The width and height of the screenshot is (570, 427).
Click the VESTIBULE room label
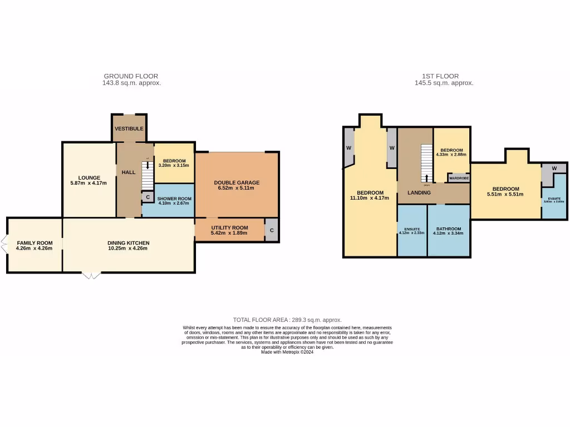coord(129,128)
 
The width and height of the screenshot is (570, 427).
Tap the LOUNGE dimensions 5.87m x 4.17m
coord(89,183)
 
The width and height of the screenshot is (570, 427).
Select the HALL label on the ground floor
coord(129,172)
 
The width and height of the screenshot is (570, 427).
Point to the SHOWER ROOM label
coord(174,198)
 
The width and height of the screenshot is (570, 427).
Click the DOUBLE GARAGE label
coord(237,182)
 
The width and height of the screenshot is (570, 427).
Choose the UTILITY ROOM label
coord(229,227)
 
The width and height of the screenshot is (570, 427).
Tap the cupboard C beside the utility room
coord(272,230)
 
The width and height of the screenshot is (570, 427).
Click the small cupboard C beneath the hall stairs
coord(148,197)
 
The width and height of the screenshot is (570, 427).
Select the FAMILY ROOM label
coord(35,243)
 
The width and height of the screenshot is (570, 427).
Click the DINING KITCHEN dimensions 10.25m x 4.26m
coord(129,249)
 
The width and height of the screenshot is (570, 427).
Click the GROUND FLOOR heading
coord(131,76)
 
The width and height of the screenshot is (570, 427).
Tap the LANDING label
coord(419,193)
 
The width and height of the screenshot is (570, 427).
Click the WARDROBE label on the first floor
coord(459,178)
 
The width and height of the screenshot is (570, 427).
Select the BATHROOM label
coord(448,229)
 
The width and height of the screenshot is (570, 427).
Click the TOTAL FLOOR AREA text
coord(287,320)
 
